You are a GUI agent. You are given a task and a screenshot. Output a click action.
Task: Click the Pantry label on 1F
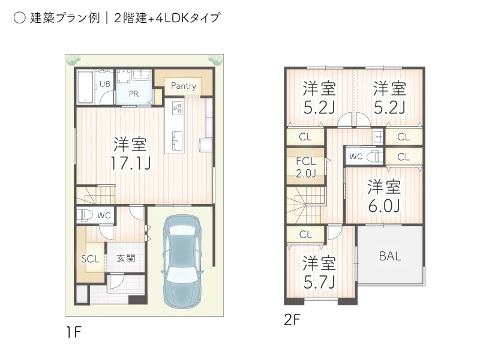pos(184,86)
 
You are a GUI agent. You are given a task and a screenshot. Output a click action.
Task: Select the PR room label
pos(134,94)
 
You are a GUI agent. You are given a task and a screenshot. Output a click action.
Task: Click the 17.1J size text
pos(130,162)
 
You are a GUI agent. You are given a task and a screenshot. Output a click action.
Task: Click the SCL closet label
pos(90,259)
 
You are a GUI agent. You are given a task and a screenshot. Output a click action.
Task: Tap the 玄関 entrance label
pos(125,258)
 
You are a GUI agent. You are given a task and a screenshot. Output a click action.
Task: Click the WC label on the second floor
pos(356,157)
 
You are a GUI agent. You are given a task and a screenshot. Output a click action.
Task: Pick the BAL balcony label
pos(390,256)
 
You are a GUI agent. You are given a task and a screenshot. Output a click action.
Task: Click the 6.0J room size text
pos(384,206)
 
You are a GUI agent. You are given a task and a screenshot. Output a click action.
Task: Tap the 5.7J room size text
pos(319,281)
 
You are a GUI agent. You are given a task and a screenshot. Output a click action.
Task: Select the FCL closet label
pos(305,161)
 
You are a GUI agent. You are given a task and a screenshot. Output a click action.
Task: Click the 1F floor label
pos(74,333)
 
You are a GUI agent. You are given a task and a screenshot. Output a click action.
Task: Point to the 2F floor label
pos(292,320)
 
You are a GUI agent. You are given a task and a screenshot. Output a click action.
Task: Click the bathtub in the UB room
pos(85,87)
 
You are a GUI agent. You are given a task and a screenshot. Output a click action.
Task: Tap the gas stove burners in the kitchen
pos(178,107)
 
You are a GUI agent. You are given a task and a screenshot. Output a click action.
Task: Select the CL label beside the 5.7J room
pos(305,235)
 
